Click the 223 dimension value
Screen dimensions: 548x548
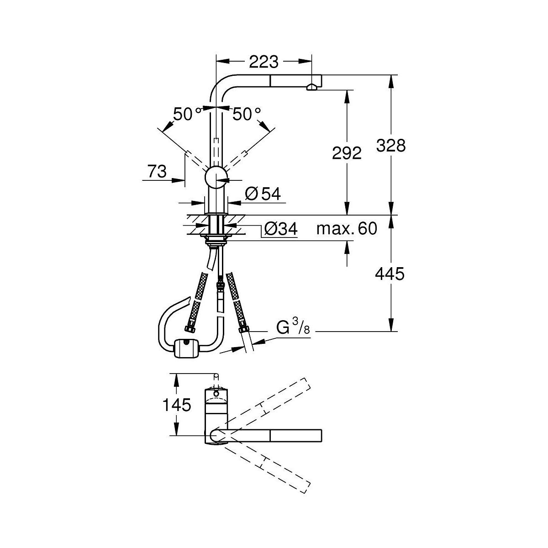263,62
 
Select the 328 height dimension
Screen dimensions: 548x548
391,146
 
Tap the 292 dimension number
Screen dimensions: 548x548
347,153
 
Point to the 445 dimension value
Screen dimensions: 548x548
390,274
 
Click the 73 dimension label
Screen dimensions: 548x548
157,172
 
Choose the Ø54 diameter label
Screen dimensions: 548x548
263,194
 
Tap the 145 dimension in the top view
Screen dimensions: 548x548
176,405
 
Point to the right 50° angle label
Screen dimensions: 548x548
247,114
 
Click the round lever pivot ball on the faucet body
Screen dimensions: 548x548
216,177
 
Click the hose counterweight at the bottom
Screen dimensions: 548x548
186,348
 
